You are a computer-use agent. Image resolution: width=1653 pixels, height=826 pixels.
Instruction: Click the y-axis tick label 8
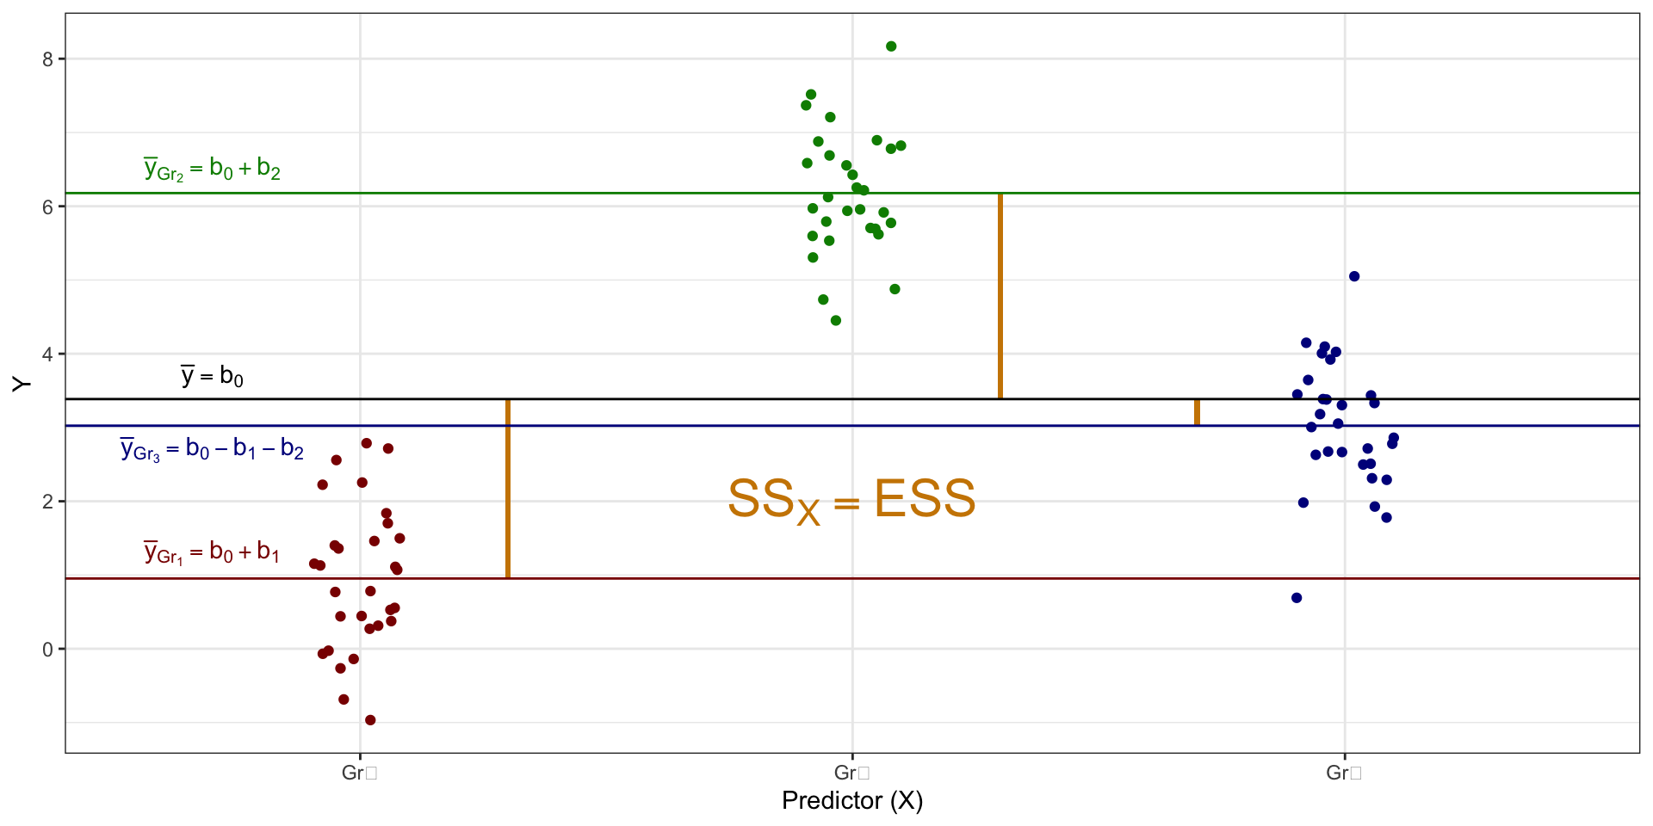[47, 59]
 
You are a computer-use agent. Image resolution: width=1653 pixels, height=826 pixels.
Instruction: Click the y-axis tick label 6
[47, 206]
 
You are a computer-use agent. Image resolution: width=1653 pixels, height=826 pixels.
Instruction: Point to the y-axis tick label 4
[47, 354]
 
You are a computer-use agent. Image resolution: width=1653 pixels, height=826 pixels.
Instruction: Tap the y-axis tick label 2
[47, 502]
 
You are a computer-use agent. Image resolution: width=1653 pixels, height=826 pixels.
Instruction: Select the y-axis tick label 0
[47, 650]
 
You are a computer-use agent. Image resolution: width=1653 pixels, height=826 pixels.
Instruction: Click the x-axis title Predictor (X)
[851, 801]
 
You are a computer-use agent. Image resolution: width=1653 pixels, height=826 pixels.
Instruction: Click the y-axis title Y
[22, 384]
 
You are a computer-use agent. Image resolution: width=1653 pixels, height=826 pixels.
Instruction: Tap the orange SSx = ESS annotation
[851, 500]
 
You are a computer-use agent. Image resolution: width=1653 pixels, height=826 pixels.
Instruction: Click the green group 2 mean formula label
[212, 169]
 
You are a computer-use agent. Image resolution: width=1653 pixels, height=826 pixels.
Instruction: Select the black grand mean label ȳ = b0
[212, 376]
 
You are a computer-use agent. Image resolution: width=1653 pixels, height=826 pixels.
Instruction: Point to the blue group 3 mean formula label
[212, 449]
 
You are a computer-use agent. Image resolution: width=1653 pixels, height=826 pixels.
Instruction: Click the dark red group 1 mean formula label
[212, 552]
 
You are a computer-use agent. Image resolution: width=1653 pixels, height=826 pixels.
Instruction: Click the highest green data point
[891, 46]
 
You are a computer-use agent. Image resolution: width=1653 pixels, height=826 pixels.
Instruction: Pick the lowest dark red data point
[370, 720]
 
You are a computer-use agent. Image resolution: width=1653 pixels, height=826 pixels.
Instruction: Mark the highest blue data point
[1354, 276]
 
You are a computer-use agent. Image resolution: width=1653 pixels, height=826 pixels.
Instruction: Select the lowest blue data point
[1297, 598]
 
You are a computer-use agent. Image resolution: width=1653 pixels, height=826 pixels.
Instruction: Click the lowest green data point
[835, 321]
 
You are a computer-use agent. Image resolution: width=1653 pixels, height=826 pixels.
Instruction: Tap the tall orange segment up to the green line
[1000, 296]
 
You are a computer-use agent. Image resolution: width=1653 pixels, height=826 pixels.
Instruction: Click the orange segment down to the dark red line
[508, 489]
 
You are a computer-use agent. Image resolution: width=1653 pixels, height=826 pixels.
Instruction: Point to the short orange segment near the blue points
[1197, 412]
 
